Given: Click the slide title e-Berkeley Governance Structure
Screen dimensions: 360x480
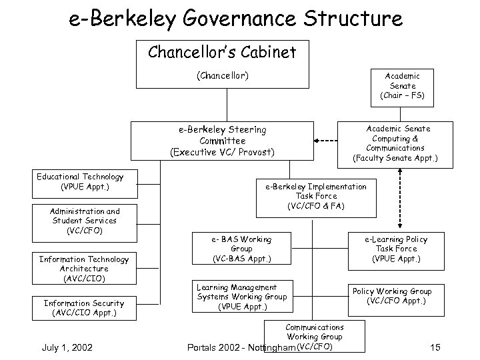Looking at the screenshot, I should click(236, 18).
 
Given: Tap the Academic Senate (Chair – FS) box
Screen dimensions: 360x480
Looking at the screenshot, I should click(402, 86).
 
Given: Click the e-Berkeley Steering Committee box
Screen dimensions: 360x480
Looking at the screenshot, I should click(222, 141).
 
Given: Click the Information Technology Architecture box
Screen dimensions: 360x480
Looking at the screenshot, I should click(84, 268).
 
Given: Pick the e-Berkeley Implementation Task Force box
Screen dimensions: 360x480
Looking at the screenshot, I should click(316, 197).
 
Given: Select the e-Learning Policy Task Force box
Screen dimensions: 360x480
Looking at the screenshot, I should click(396, 249).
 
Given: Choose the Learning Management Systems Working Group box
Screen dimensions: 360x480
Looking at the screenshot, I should click(241, 297).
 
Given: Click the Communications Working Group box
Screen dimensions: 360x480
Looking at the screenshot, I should click(315, 335).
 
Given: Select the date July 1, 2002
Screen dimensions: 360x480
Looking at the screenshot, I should click(67, 347).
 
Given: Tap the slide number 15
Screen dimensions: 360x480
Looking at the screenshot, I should click(435, 347).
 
